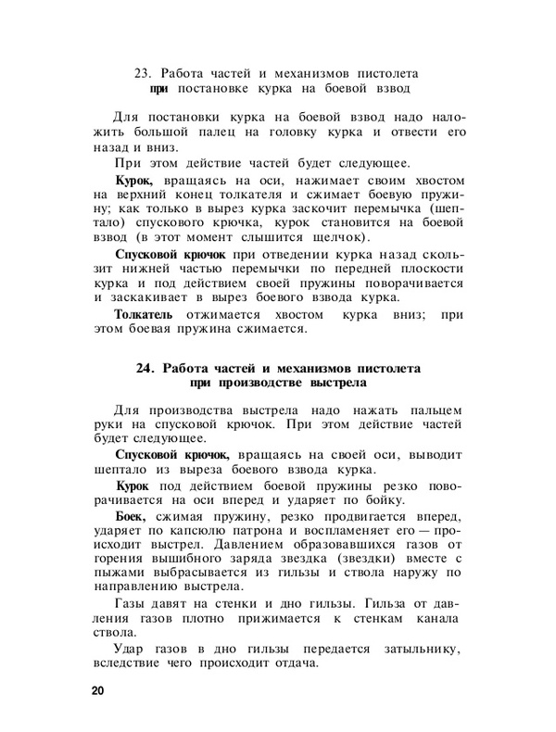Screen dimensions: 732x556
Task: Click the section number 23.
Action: coord(145,73)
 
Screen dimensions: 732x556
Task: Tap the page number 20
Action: coord(98,693)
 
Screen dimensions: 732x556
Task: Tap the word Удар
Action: coord(130,648)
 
